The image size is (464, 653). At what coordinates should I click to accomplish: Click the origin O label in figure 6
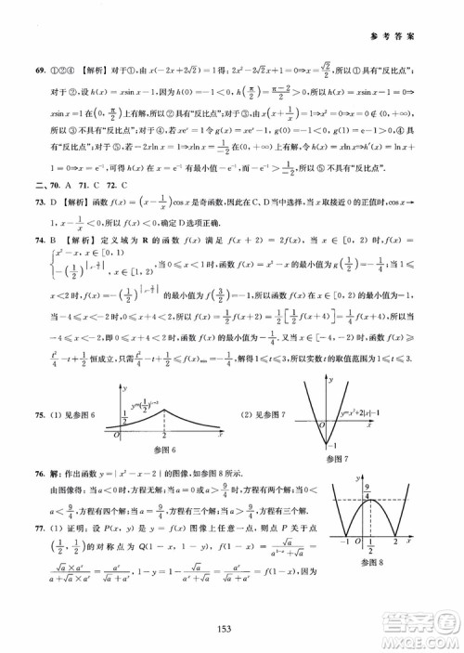click(113, 436)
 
